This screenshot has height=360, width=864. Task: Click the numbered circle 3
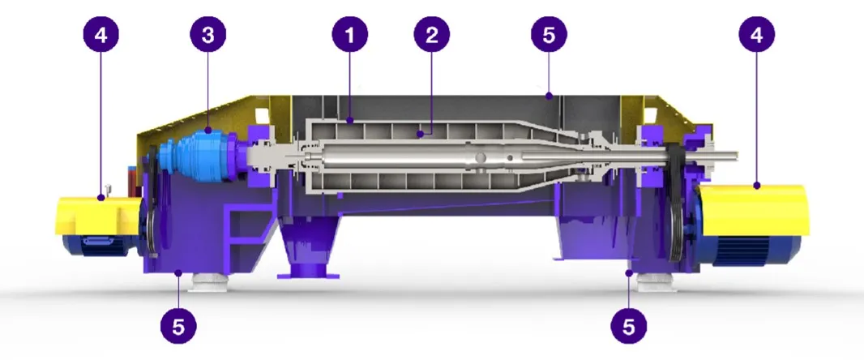[207, 35]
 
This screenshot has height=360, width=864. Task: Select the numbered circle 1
[350, 35]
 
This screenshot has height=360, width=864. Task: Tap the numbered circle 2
[432, 35]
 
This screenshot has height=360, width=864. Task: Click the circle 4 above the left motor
[101, 35]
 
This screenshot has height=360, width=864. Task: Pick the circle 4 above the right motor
[756, 35]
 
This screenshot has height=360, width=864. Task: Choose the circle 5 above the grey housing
[549, 35]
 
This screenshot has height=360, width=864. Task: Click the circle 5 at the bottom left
[178, 327]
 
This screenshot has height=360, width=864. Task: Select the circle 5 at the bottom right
[629, 327]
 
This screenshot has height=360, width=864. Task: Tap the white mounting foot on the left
[209, 283]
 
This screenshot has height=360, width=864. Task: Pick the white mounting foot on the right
[657, 283]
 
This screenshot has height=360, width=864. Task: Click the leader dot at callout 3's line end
[207, 131]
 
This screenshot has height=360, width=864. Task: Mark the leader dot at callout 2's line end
[420, 133]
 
